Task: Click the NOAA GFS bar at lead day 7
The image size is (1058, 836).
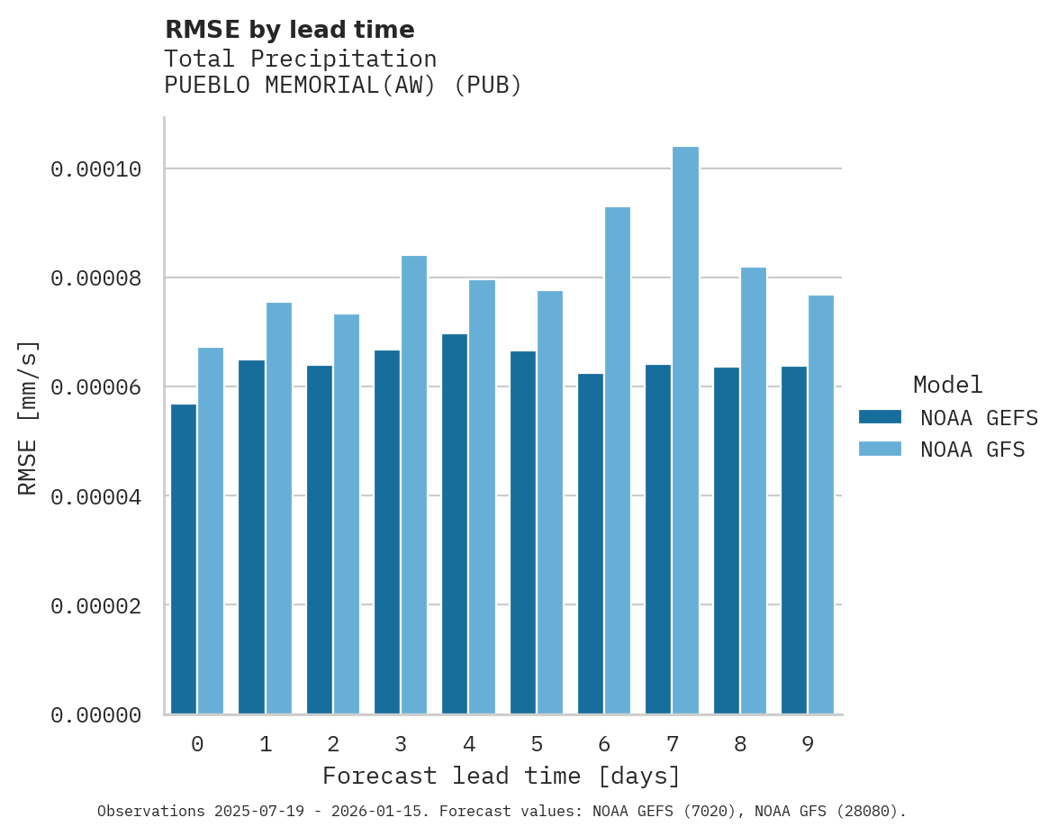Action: click(x=685, y=431)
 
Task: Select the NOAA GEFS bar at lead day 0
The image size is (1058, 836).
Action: click(x=184, y=559)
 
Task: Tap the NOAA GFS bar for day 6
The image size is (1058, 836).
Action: click(x=618, y=460)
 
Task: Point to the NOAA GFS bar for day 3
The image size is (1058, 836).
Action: click(x=414, y=485)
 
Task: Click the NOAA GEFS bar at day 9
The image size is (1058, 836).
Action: click(x=794, y=541)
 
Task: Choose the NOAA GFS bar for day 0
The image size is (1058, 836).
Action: click(x=211, y=531)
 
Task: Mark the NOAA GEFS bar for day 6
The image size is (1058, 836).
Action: click(x=591, y=544)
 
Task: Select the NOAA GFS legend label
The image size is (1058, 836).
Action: click(x=972, y=450)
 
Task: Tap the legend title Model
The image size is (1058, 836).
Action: click(x=947, y=385)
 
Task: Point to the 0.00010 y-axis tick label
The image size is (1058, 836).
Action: click(x=96, y=169)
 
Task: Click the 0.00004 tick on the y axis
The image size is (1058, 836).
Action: click(x=96, y=496)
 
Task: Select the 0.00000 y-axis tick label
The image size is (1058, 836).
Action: click(x=96, y=715)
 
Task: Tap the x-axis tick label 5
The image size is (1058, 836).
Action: click(x=537, y=744)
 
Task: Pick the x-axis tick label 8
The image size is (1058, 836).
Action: click(x=740, y=744)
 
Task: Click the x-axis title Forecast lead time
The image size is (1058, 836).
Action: click(x=502, y=776)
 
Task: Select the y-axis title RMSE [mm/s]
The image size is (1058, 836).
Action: click(x=29, y=418)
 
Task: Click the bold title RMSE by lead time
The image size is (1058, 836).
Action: click(x=290, y=30)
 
